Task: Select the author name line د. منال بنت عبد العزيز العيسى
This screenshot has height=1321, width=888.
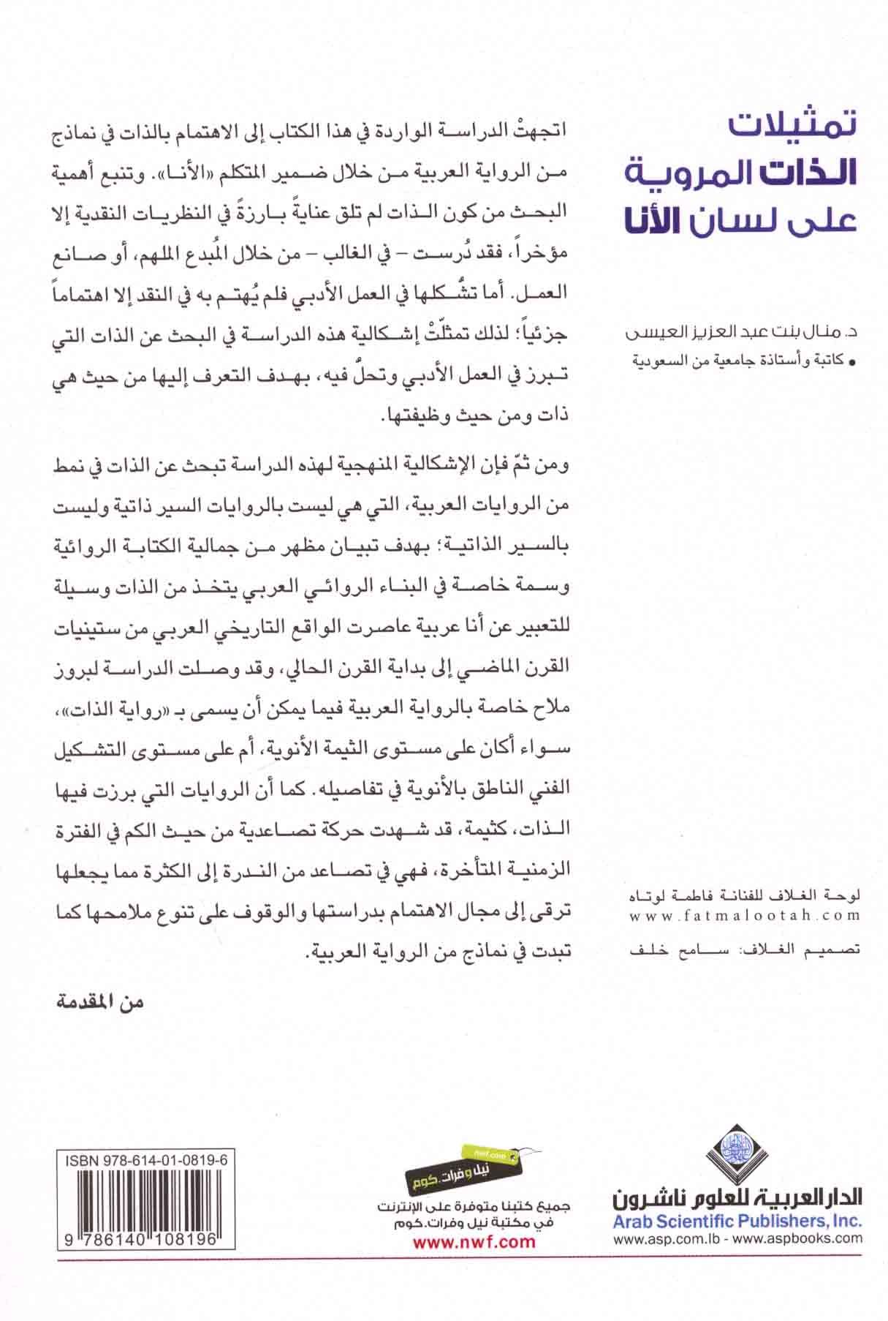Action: [743, 334]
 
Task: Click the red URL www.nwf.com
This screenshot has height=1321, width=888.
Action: [474, 1241]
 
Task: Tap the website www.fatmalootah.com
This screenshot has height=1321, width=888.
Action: [745, 915]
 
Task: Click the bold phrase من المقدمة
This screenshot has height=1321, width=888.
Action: [100, 1002]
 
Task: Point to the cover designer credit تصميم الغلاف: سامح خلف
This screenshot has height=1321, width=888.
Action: [745, 949]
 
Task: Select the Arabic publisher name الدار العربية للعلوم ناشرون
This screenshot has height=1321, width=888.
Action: [737, 1197]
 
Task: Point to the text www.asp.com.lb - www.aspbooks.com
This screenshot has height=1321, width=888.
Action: [737, 1239]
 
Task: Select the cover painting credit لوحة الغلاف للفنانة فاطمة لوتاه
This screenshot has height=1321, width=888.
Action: [745, 895]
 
